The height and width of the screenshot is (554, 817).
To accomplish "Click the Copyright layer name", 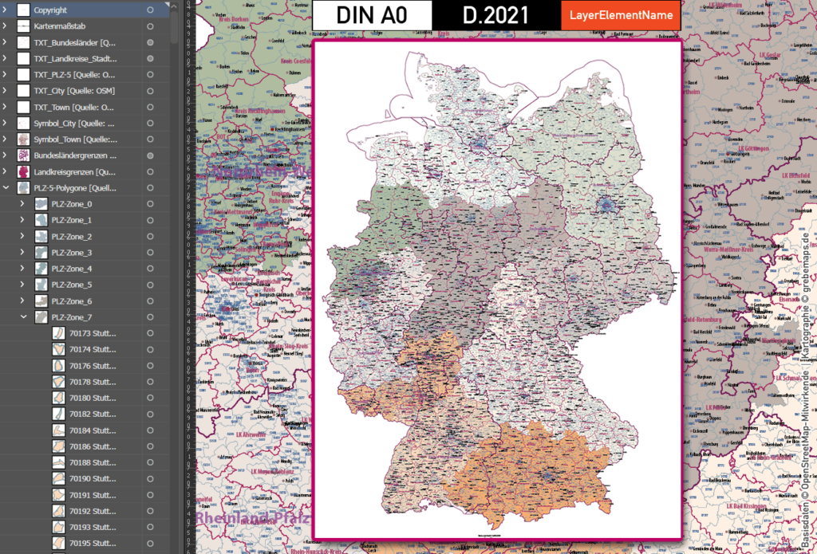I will pyautogui.click(x=50, y=10).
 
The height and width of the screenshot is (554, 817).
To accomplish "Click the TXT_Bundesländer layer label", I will pyautogui.click(x=75, y=42).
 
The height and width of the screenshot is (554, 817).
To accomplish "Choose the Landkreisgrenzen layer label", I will pyautogui.click(x=75, y=171).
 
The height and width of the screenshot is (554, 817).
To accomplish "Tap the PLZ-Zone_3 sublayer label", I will pyautogui.click(x=71, y=253).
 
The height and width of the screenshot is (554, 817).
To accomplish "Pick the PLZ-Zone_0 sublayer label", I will pyautogui.click(x=71, y=204).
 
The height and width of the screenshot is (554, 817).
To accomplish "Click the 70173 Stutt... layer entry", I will pyautogui.click(x=93, y=333).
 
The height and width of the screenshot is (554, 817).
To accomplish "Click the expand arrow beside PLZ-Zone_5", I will pyautogui.click(x=22, y=285).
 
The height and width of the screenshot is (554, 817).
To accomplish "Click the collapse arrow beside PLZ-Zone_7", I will pyautogui.click(x=22, y=317).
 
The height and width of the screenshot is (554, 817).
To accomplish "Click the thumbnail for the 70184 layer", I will pyautogui.click(x=58, y=430).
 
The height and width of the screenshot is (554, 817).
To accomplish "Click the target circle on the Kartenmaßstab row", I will pyautogui.click(x=150, y=26).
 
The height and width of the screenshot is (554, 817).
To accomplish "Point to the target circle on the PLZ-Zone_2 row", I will pyautogui.click(x=150, y=237).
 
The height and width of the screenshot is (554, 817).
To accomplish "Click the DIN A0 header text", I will pyautogui.click(x=372, y=15).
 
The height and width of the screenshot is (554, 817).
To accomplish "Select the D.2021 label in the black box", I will pyautogui.click(x=495, y=15).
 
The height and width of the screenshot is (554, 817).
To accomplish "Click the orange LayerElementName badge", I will pyautogui.click(x=620, y=15).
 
